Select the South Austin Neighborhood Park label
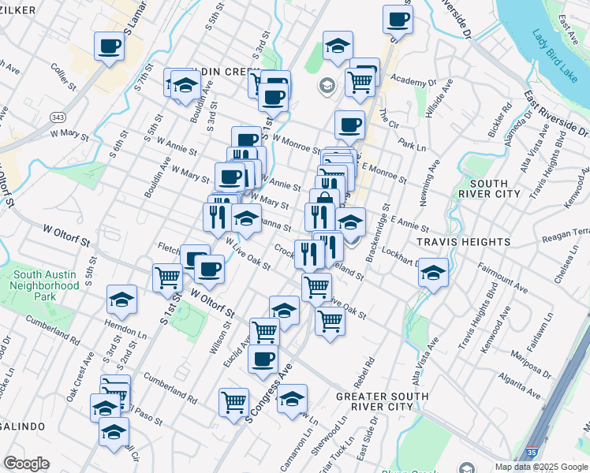[46, 286]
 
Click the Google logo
[26, 464]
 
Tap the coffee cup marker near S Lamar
[109, 45]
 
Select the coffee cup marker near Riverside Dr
[398, 18]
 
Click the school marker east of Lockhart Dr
[433, 272]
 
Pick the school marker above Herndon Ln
[121, 299]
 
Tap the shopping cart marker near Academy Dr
[360, 81]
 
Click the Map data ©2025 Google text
[540, 467]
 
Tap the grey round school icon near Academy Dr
[325, 85]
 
